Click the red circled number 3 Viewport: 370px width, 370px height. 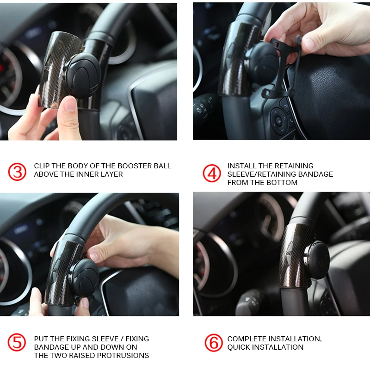point(17,172)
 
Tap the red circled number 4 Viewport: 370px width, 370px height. point(212,173)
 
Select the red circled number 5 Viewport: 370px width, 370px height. point(17,342)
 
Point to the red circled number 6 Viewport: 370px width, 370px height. point(214,343)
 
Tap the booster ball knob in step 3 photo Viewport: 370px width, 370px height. point(83,77)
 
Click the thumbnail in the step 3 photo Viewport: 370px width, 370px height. point(70,103)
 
